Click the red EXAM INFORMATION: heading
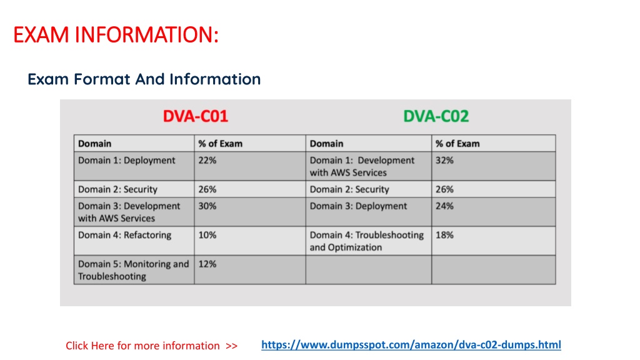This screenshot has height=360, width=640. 116,35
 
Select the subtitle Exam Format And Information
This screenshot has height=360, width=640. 144,79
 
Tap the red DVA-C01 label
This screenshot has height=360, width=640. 196,116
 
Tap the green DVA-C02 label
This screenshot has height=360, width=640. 436,116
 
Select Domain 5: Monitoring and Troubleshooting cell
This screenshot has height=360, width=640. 134,270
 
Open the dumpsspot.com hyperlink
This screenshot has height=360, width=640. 411,345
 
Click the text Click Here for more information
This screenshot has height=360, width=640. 143,346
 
